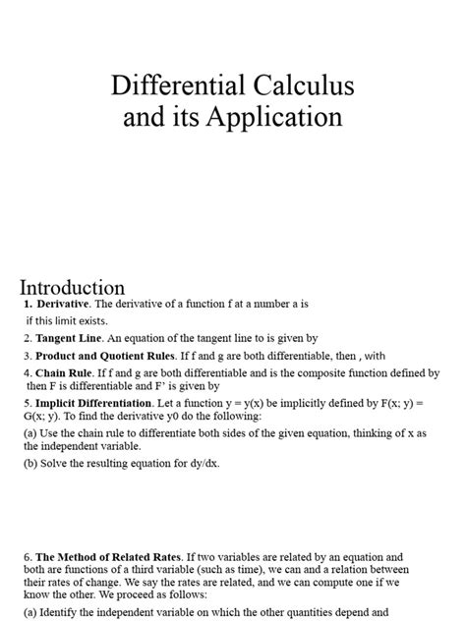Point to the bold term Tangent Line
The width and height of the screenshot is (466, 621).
(x=68, y=337)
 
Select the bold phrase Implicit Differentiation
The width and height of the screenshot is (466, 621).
(x=93, y=403)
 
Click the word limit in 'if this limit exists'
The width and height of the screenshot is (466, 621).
(x=70, y=319)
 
